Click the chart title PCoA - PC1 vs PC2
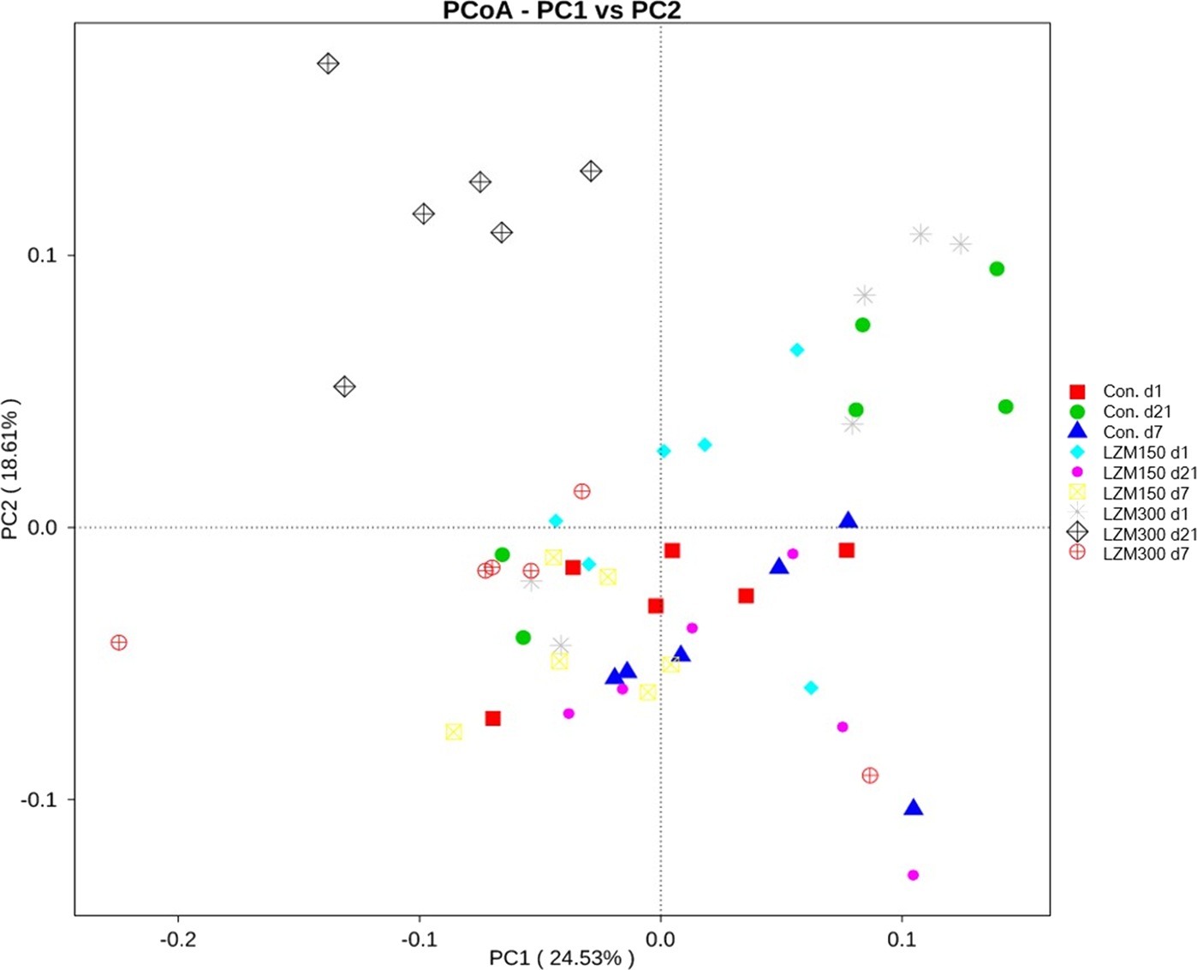(562, 11)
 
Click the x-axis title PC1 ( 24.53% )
(562, 957)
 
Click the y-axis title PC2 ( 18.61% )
(11, 469)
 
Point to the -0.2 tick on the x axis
(178, 939)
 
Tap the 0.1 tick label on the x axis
(902, 939)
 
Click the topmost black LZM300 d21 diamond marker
(328, 63)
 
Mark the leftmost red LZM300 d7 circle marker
(119, 643)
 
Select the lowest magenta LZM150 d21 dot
(913, 875)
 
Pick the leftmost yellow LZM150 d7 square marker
(454, 732)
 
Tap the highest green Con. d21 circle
(997, 269)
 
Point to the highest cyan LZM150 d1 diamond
(797, 350)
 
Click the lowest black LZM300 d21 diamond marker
(344, 386)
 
